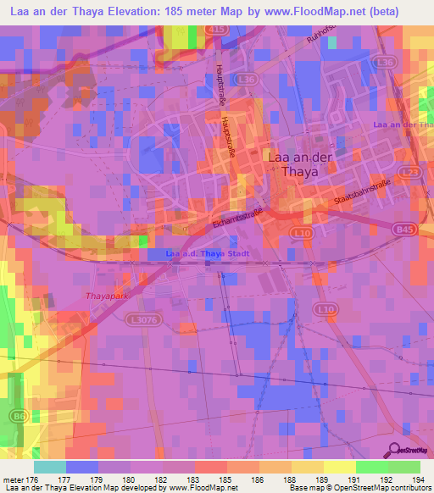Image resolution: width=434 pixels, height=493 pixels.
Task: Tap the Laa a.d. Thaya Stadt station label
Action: tap(202, 253)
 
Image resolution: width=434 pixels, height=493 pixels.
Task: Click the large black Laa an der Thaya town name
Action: tap(293, 163)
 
